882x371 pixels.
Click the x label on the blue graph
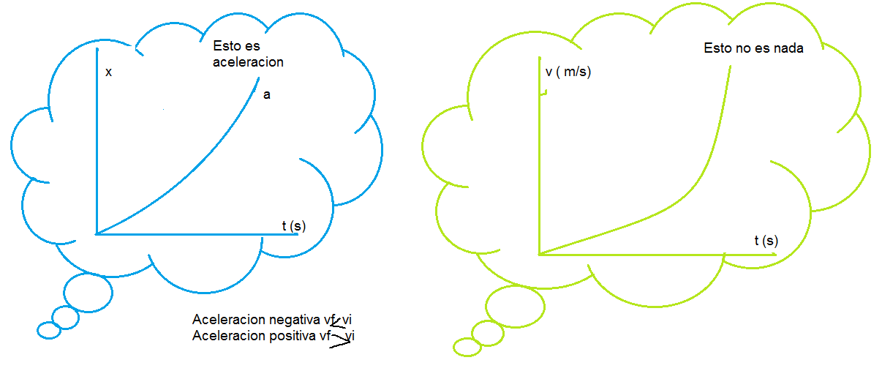click(108, 72)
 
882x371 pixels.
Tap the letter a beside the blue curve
click(266, 94)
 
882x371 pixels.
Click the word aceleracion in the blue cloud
click(248, 62)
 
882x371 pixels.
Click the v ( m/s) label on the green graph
click(568, 72)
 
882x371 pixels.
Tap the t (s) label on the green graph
click(766, 240)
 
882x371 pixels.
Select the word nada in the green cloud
click(789, 48)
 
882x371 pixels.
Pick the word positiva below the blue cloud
click(292, 336)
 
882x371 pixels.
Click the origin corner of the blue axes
click(97, 233)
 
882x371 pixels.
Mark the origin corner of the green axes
click(539, 254)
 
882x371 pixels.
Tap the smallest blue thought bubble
click(49, 330)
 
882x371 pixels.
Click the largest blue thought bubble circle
click(88, 293)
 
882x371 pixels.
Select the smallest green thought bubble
click(465, 347)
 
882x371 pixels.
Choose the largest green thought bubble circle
click(515, 306)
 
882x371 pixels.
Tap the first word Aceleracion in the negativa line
click(229, 320)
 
